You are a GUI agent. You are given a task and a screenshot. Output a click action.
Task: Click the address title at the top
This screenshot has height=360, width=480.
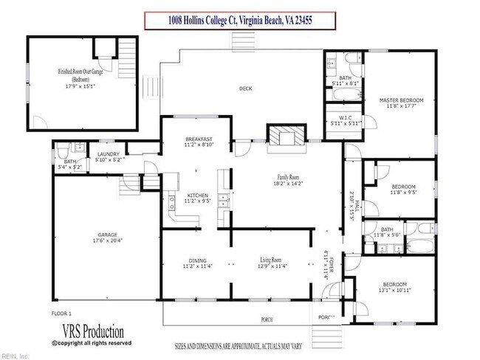[x=239, y=21]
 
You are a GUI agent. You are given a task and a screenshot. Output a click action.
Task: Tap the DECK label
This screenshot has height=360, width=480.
[x=246, y=89]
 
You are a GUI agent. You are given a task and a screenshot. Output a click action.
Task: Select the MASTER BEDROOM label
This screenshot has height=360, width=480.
[x=400, y=99]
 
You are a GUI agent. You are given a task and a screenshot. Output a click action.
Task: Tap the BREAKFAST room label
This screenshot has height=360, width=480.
[x=199, y=139]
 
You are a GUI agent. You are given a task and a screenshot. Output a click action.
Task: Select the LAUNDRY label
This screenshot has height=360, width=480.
[x=108, y=154]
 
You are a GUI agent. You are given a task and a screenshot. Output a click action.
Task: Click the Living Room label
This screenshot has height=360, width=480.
[x=271, y=260]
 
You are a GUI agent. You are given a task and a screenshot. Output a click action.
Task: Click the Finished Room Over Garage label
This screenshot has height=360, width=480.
[x=83, y=72]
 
